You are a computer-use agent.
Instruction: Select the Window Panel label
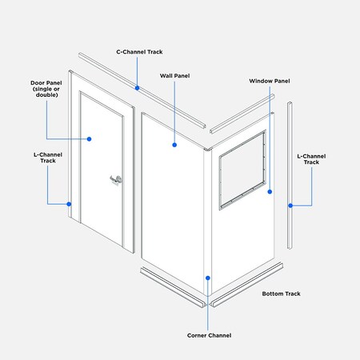(269, 81)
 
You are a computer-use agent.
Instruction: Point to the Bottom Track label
(281, 294)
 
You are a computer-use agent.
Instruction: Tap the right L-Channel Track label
(308, 158)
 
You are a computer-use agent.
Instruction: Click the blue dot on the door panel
(90, 138)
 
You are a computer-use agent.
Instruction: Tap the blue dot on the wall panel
(174, 145)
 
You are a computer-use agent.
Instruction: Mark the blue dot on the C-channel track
(137, 87)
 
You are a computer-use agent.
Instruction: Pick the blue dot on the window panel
(270, 192)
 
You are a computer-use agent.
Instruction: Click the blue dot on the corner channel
(208, 278)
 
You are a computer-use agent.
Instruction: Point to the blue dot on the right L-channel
(290, 205)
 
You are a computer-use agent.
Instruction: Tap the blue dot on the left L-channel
(70, 203)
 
